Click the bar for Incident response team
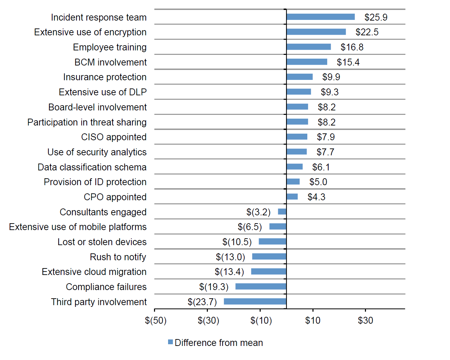pos(320,17)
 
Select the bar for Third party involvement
pos(255,301)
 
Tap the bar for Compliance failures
pos(261,286)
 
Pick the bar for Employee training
pos(309,47)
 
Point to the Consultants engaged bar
pos(282,212)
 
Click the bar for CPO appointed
pos(292,196)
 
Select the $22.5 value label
pos(367,32)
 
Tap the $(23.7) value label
pos(202,302)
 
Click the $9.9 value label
pos(331,77)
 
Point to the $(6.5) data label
pos(250,227)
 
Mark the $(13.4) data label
pos(229,272)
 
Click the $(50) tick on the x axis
pos(156,321)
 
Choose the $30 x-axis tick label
pos(365,321)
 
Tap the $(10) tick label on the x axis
pos(261,321)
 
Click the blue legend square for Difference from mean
pos(170,342)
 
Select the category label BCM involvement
pos(110,62)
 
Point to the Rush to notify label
pos(118,257)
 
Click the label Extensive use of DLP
pos(103,92)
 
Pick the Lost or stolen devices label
pos(102,242)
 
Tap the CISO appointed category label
pos(114,137)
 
